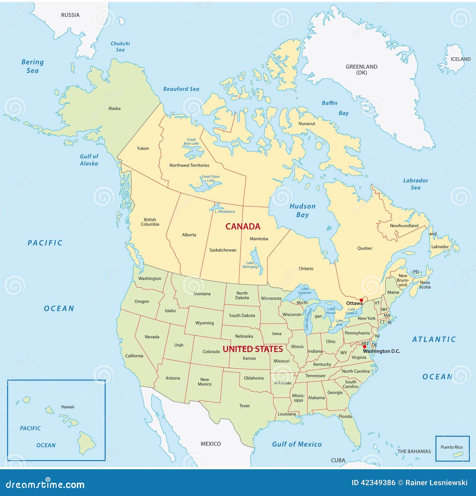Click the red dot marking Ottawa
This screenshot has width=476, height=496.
pos(361,300)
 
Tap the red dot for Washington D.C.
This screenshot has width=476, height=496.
pos(365,347)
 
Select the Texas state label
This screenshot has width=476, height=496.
pos(244,406)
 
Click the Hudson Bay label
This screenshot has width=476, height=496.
pos(303,211)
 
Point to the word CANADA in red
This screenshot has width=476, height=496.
pos(243,227)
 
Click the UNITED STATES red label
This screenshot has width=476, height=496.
pos(253,349)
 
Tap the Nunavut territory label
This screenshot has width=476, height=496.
pos(307,124)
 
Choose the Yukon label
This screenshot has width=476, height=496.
pos(143,148)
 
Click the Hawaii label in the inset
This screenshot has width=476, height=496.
pos(68,407)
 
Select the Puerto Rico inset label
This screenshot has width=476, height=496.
pos(452,447)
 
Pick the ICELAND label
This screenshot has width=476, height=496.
pos(460,59)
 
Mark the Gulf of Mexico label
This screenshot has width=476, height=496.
pos(297,444)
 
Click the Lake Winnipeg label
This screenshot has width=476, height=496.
pos(250,265)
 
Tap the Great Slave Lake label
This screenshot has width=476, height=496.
pos(211,178)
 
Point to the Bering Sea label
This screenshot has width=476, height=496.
pos(32,66)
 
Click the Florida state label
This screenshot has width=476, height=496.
pos(345,416)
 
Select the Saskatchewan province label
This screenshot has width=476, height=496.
pos(223,250)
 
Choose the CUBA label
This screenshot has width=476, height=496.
pos(338,460)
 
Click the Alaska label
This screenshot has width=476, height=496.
pos(114,109)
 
